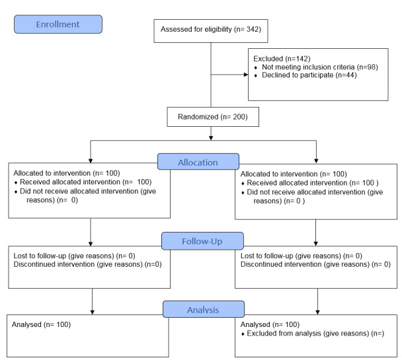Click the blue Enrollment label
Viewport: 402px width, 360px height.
[58, 24]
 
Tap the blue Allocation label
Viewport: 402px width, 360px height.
[198, 162]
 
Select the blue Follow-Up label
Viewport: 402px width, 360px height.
[202, 241]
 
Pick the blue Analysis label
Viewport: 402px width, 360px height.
[203, 309]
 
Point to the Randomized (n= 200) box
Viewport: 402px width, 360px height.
[213, 117]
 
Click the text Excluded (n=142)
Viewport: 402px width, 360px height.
[282, 59]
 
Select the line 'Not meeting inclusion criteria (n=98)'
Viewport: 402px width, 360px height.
[320, 67]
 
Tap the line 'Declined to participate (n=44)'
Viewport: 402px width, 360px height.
[309, 75]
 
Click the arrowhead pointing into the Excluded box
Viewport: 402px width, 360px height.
[246, 75]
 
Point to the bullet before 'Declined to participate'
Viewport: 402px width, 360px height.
[256, 76]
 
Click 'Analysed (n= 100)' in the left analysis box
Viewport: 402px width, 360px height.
[41, 324]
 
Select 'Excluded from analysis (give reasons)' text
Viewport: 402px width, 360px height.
[307, 334]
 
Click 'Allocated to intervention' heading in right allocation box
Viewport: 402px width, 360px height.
[279, 174]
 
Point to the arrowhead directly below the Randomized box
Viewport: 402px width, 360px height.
[211, 138]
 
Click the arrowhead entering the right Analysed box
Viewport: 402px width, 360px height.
[317, 312]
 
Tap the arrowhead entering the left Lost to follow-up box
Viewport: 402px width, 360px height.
[91, 244]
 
